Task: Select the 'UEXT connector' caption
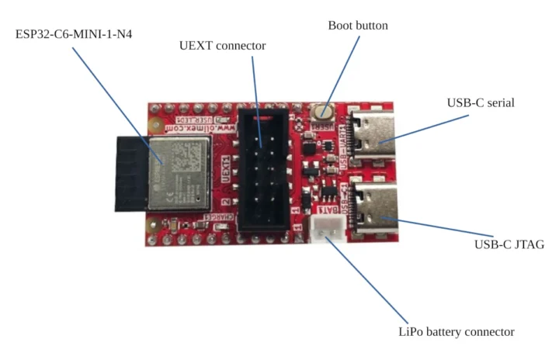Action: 222,46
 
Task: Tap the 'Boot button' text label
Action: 358,26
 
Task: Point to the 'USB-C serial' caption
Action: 481,102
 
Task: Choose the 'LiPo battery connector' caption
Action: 455,331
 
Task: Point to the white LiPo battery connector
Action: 326,228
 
